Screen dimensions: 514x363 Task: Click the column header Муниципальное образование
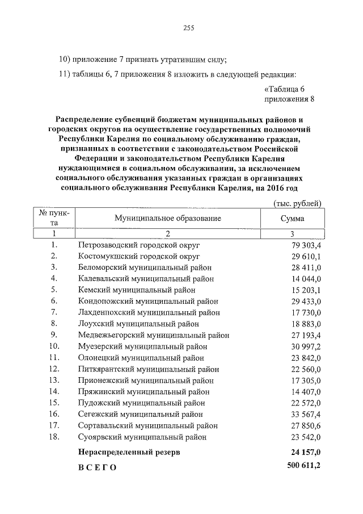tap(167, 218)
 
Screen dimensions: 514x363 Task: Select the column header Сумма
tap(292, 218)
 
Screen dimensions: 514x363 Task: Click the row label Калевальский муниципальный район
tap(146, 278)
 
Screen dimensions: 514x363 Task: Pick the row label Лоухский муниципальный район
tap(138, 323)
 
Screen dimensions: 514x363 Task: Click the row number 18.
tap(54, 437)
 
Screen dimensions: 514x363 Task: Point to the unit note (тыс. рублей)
tap(297, 203)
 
